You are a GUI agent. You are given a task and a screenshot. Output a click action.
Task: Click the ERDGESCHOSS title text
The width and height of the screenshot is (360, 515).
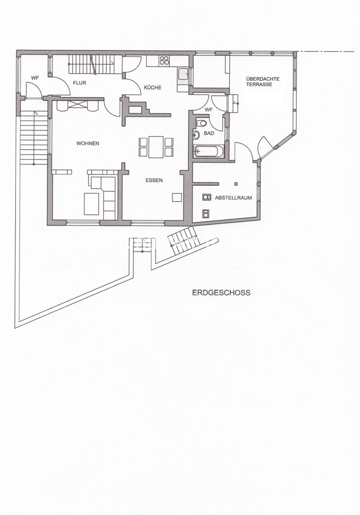pyautogui.click(x=221, y=293)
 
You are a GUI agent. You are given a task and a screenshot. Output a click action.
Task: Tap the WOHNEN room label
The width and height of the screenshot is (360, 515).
pyautogui.click(x=88, y=144)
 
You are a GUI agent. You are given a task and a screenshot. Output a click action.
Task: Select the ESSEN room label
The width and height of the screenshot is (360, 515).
pyautogui.click(x=154, y=180)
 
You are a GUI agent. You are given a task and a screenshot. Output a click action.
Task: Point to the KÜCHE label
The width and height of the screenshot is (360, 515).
pyautogui.click(x=152, y=88)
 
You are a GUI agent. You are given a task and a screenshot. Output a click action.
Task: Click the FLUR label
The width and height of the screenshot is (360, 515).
pyautogui.click(x=80, y=83)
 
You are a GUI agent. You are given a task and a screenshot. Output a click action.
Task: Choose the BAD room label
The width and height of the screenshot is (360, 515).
pyautogui.click(x=209, y=133)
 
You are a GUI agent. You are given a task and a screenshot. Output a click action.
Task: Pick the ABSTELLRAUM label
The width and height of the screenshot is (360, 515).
pyautogui.click(x=233, y=198)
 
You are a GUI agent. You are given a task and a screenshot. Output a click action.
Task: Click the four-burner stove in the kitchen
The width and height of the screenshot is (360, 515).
pyautogui.click(x=165, y=60)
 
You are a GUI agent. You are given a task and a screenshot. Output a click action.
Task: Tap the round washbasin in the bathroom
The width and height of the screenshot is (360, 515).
pyautogui.click(x=197, y=134)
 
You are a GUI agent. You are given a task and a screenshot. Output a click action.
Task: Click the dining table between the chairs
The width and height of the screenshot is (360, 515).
pyautogui.click(x=156, y=147)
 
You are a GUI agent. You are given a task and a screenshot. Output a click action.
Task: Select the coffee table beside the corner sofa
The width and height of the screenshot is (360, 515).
pyautogui.click(x=92, y=203)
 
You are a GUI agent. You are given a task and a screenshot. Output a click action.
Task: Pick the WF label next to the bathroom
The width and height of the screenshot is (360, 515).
pyautogui.click(x=208, y=110)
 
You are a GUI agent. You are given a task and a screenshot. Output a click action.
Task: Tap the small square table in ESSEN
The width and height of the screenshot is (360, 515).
pyautogui.click(x=177, y=197)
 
